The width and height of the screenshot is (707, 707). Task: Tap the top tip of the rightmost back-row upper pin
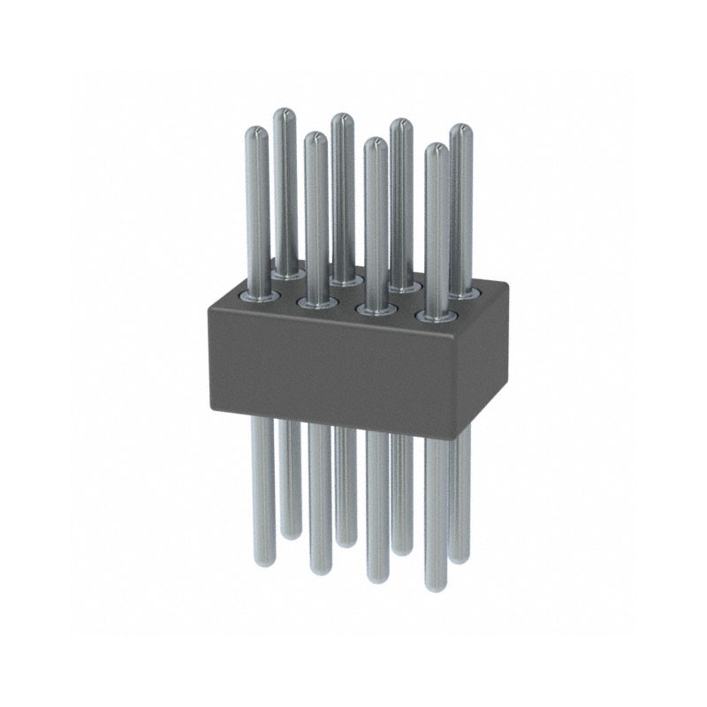[460, 129]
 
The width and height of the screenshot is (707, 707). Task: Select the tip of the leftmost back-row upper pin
[284, 113]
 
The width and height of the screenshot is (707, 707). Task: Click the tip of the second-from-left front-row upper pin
[315, 138]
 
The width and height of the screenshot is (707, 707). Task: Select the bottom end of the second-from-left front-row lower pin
[319, 570]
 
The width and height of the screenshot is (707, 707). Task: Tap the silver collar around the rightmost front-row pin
[435, 316]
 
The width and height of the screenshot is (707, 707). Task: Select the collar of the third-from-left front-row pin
[376, 309]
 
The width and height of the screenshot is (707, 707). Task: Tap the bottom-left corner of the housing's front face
[211, 408]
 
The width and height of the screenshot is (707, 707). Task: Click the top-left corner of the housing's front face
[208, 305]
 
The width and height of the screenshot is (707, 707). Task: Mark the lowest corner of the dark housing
[460, 437]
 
